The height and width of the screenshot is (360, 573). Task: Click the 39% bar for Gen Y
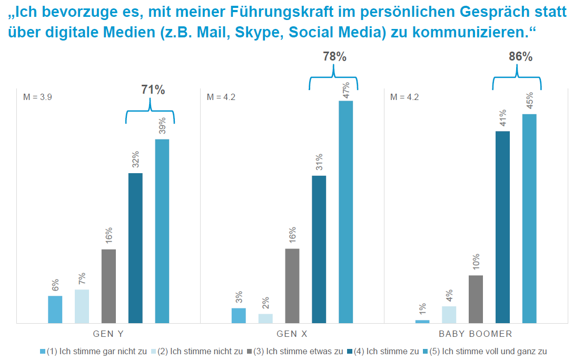point(162,231)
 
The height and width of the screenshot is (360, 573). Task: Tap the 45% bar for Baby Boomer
point(529,218)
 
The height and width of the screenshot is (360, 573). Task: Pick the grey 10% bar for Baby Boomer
point(476,299)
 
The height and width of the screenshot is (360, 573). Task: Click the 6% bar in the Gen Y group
point(55,309)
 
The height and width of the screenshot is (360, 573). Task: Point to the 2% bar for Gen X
point(265,318)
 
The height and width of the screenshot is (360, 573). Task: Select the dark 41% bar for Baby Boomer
point(502,227)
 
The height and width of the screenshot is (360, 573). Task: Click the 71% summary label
point(153,90)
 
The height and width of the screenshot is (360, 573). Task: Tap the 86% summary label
point(520,57)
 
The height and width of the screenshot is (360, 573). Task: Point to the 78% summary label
point(334,57)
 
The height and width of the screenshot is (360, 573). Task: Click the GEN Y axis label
point(108,334)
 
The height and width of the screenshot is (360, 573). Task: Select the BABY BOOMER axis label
point(476,334)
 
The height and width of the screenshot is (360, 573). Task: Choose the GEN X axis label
point(292,334)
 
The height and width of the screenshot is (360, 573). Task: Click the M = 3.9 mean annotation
point(37,97)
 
